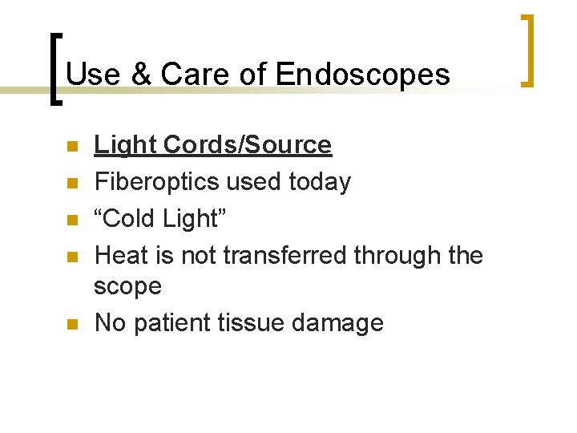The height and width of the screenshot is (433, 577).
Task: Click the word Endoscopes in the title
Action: (362, 75)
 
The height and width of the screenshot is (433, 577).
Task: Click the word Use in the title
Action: (90, 75)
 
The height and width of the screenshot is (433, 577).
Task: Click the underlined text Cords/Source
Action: (246, 145)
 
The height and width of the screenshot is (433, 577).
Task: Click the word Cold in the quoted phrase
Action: (131, 218)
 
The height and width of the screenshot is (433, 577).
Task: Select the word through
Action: (397, 255)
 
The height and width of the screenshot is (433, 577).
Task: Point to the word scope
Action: (127, 285)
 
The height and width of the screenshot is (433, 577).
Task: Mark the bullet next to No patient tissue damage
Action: (71, 324)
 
